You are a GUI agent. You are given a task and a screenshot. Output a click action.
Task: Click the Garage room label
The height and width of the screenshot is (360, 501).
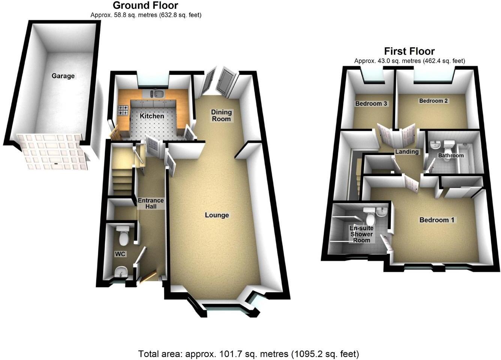pos(63,76)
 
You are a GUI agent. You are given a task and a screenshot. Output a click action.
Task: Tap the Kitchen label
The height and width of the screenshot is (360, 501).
pos(152,116)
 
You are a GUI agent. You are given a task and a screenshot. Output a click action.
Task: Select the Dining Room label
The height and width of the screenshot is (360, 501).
pos(221,115)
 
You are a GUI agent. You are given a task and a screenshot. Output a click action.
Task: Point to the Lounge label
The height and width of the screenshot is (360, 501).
pos(217,215)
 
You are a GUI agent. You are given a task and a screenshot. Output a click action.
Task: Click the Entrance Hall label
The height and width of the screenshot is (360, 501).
pos(151,203)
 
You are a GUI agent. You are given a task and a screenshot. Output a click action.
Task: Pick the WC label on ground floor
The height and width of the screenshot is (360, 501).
pos(120,254)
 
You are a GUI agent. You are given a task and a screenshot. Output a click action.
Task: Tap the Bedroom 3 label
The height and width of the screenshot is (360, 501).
pos(371,103)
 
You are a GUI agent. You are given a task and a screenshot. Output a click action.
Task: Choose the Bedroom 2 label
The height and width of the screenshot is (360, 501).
pos(433,100)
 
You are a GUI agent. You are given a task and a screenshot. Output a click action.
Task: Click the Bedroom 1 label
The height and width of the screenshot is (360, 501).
pos(437,220)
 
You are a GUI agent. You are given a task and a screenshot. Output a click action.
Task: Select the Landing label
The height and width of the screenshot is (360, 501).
pos(407,151)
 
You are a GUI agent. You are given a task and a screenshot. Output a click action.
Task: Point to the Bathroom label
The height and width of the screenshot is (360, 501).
pos(451,155)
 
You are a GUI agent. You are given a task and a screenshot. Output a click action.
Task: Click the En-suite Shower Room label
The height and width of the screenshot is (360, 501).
pos(361,234)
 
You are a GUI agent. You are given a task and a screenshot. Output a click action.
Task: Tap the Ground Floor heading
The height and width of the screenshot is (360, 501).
pos(145,5)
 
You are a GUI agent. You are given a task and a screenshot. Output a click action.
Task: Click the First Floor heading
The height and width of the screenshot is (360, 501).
pos(409,51)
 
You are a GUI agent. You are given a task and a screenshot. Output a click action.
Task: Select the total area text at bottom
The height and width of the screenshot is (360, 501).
pos(249,354)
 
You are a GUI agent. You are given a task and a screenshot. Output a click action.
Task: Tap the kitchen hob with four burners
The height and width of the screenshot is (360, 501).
pos(123,110)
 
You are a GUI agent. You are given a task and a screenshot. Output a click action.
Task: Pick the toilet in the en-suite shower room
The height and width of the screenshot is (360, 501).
pos(370,216)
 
